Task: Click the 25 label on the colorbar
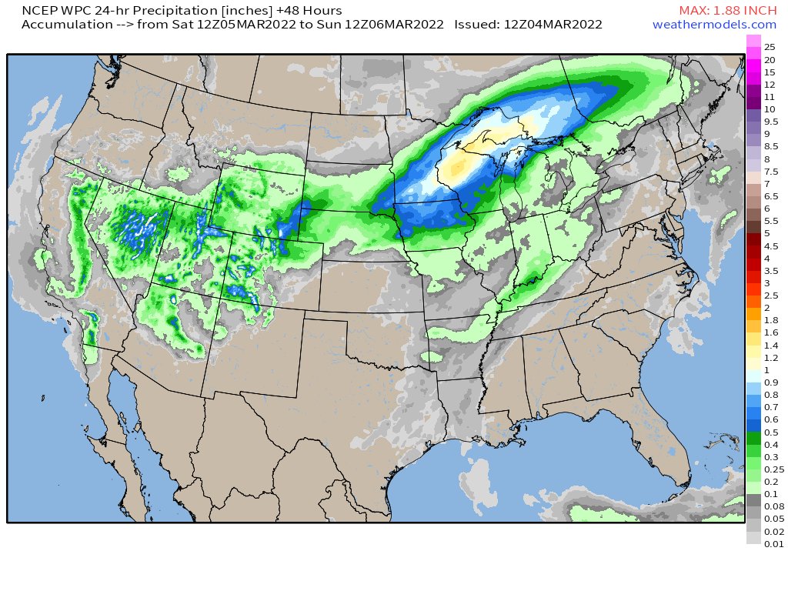pos(770,47)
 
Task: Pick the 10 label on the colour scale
pos(770,109)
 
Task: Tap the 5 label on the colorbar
pos(766,233)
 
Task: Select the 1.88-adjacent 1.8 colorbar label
pos(770,320)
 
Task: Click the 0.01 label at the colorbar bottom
pos(772,543)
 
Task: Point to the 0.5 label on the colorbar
pos(770,432)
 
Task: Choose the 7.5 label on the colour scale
pos(770,171)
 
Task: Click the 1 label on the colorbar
pos(766,370)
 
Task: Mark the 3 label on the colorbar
pos(766,283)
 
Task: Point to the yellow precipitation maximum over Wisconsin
pos(459,164)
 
